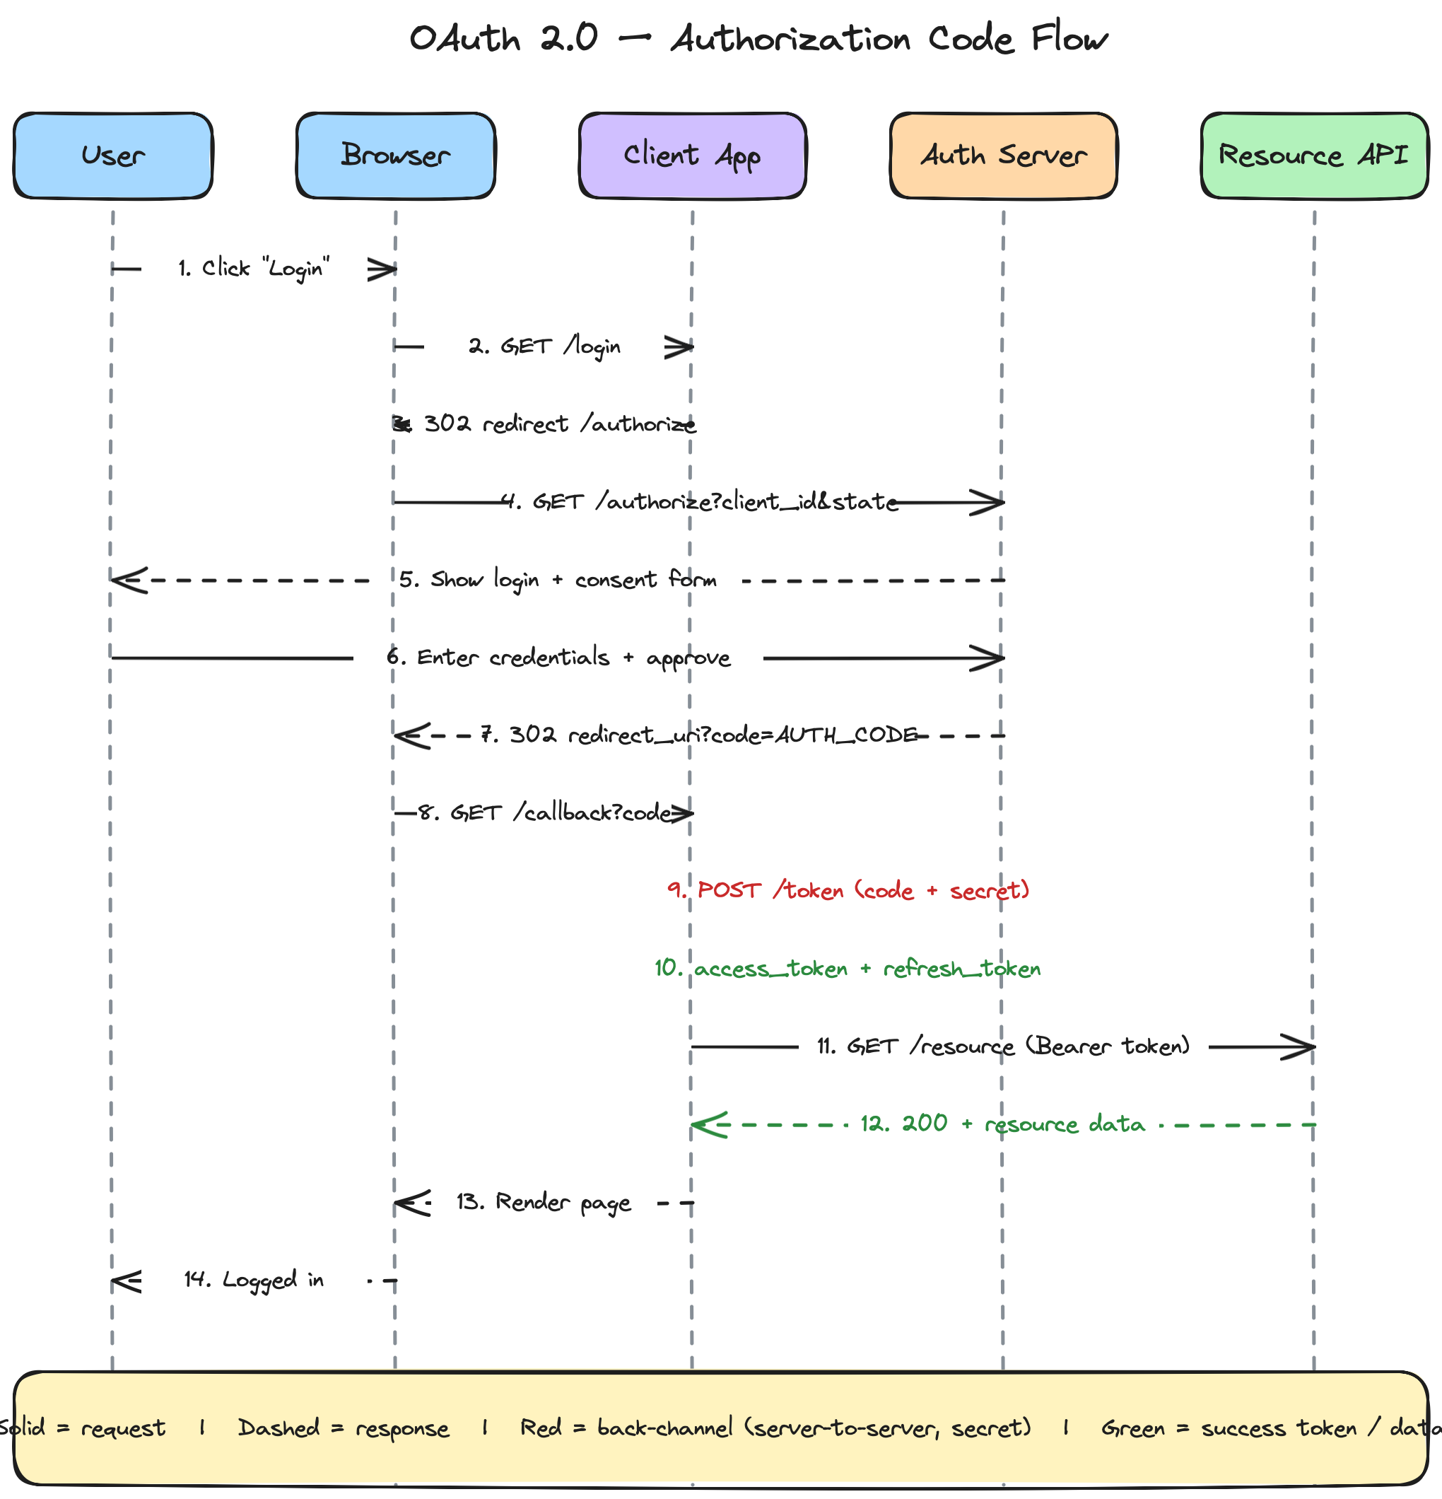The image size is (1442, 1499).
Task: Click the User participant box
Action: [113, 156]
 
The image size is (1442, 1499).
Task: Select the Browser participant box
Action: [396, 156]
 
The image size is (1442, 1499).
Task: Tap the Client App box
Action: [693, 156]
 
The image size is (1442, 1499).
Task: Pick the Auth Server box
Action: [1004, 156]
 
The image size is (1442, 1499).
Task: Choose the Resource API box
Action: [1314, 156]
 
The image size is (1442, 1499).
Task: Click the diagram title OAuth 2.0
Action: [504, 38]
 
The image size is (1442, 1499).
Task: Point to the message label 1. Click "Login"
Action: [254, 269]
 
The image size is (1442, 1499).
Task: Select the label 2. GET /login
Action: [544, 347]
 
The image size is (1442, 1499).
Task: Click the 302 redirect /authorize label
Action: [560, 424]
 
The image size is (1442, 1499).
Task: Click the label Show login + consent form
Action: [573, 580]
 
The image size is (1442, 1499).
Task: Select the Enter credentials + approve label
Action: [573, 658]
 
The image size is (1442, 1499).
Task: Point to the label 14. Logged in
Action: [254, 1281]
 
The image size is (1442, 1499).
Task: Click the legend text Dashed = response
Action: [344, 1428]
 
